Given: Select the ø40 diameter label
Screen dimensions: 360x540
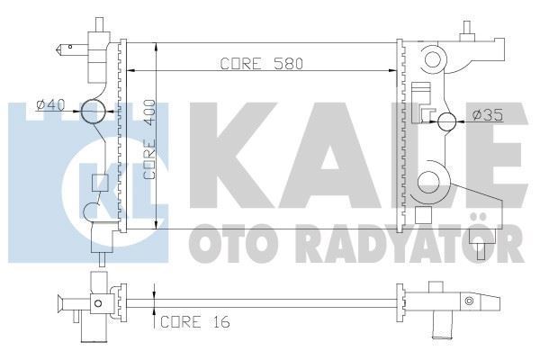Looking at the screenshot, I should coord(51,105).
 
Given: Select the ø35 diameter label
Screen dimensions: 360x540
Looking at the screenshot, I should coord(486,115).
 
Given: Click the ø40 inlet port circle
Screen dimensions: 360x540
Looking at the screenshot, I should coord(94,112).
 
